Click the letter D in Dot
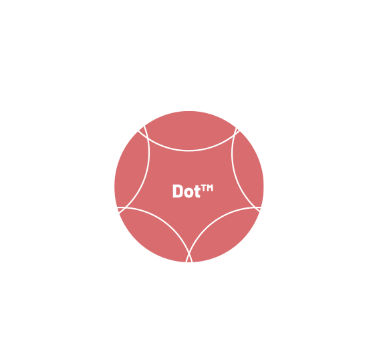(x=177, y=191)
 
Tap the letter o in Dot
(x=188, y=193)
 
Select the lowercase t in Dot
(x=197, y=191)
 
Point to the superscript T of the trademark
(x=204, y=188)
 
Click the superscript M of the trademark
(x=210, y=188)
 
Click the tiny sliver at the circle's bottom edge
(x=189, y=260)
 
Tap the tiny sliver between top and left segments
(x=142, y=130)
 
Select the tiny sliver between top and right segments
(x=237, y=130)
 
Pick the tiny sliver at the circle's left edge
(x=120, y=209)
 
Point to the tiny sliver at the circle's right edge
(x=258, y=209)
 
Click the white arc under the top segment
(x=189, y=151)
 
